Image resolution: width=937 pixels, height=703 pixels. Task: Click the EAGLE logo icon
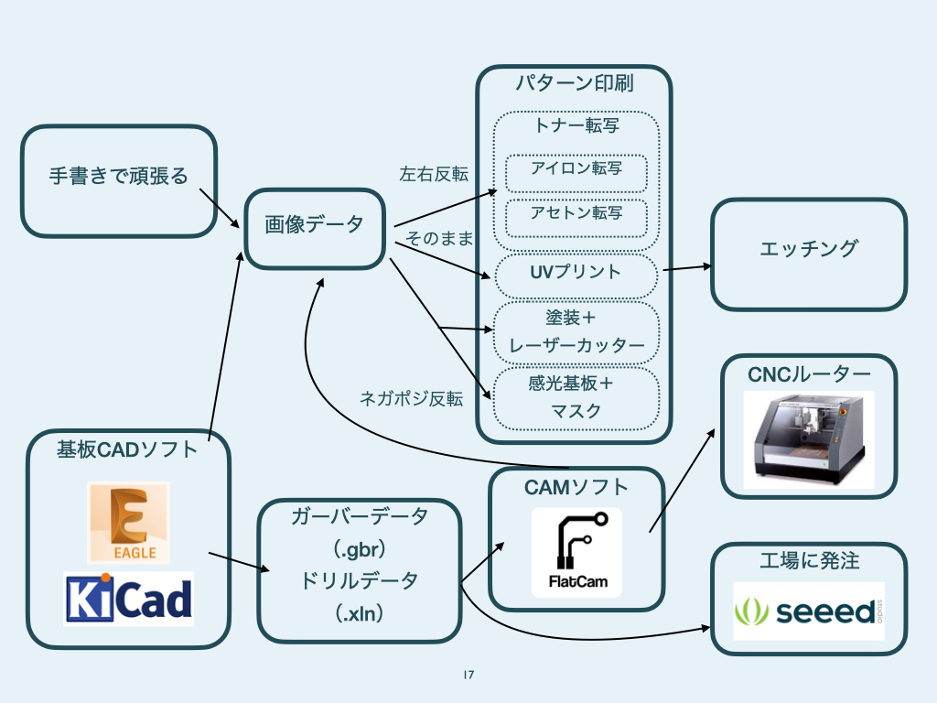tap(128, 522)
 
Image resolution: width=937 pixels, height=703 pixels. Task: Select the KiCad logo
tap(128, 599)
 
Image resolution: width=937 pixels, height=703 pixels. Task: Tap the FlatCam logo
tap(576, 553)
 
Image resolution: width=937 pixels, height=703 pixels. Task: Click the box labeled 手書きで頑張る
tap(119, 180)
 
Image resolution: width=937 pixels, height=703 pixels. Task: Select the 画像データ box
tap(314, 228)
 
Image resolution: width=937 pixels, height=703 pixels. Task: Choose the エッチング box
tap(809, 254)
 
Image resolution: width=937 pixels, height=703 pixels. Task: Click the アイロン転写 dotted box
tap(576, 172)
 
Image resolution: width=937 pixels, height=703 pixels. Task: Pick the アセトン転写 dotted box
tap(576, 217)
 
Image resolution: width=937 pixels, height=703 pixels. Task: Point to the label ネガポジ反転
tap(411, 398)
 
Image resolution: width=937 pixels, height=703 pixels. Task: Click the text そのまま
tap(440, 239)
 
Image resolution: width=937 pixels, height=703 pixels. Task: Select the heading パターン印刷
tap(575, 84)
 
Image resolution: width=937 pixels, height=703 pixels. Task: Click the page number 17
tap(468, 676)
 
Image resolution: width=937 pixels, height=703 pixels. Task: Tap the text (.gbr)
tap(359, 550)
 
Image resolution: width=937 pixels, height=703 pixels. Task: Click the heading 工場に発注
tap(809, 560)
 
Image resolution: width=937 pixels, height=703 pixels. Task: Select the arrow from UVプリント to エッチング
tap(686, 267)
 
